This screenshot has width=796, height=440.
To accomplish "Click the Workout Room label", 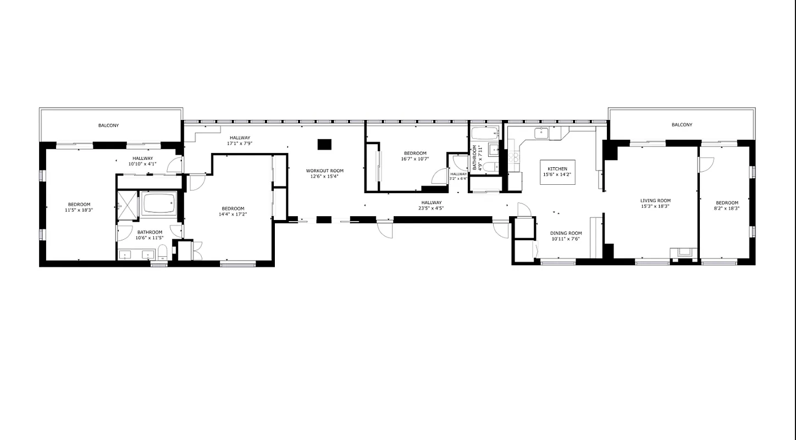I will (324, 171).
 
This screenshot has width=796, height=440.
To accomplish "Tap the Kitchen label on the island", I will (557, 169).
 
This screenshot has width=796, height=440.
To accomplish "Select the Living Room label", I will (655, 201).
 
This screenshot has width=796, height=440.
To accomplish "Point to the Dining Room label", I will (566, 233).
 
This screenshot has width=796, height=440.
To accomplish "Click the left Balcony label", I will (108, 125).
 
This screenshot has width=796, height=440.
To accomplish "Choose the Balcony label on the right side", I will (682, 125).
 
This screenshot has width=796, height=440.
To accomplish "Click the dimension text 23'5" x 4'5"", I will (432, 208).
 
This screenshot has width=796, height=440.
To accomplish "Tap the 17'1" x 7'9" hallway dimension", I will (239, 143).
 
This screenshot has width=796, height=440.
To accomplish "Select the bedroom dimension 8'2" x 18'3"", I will (726, 208).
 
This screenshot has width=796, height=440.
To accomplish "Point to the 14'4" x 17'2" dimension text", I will (233, 214).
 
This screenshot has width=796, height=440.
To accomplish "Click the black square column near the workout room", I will (324, 144).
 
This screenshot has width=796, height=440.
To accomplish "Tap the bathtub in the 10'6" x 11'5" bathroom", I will (159, 204).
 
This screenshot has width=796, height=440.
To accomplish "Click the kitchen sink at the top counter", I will (541, 133).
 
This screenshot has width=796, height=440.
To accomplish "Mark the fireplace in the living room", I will (683, 253).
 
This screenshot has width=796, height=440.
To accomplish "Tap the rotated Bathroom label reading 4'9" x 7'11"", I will (476, 158).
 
